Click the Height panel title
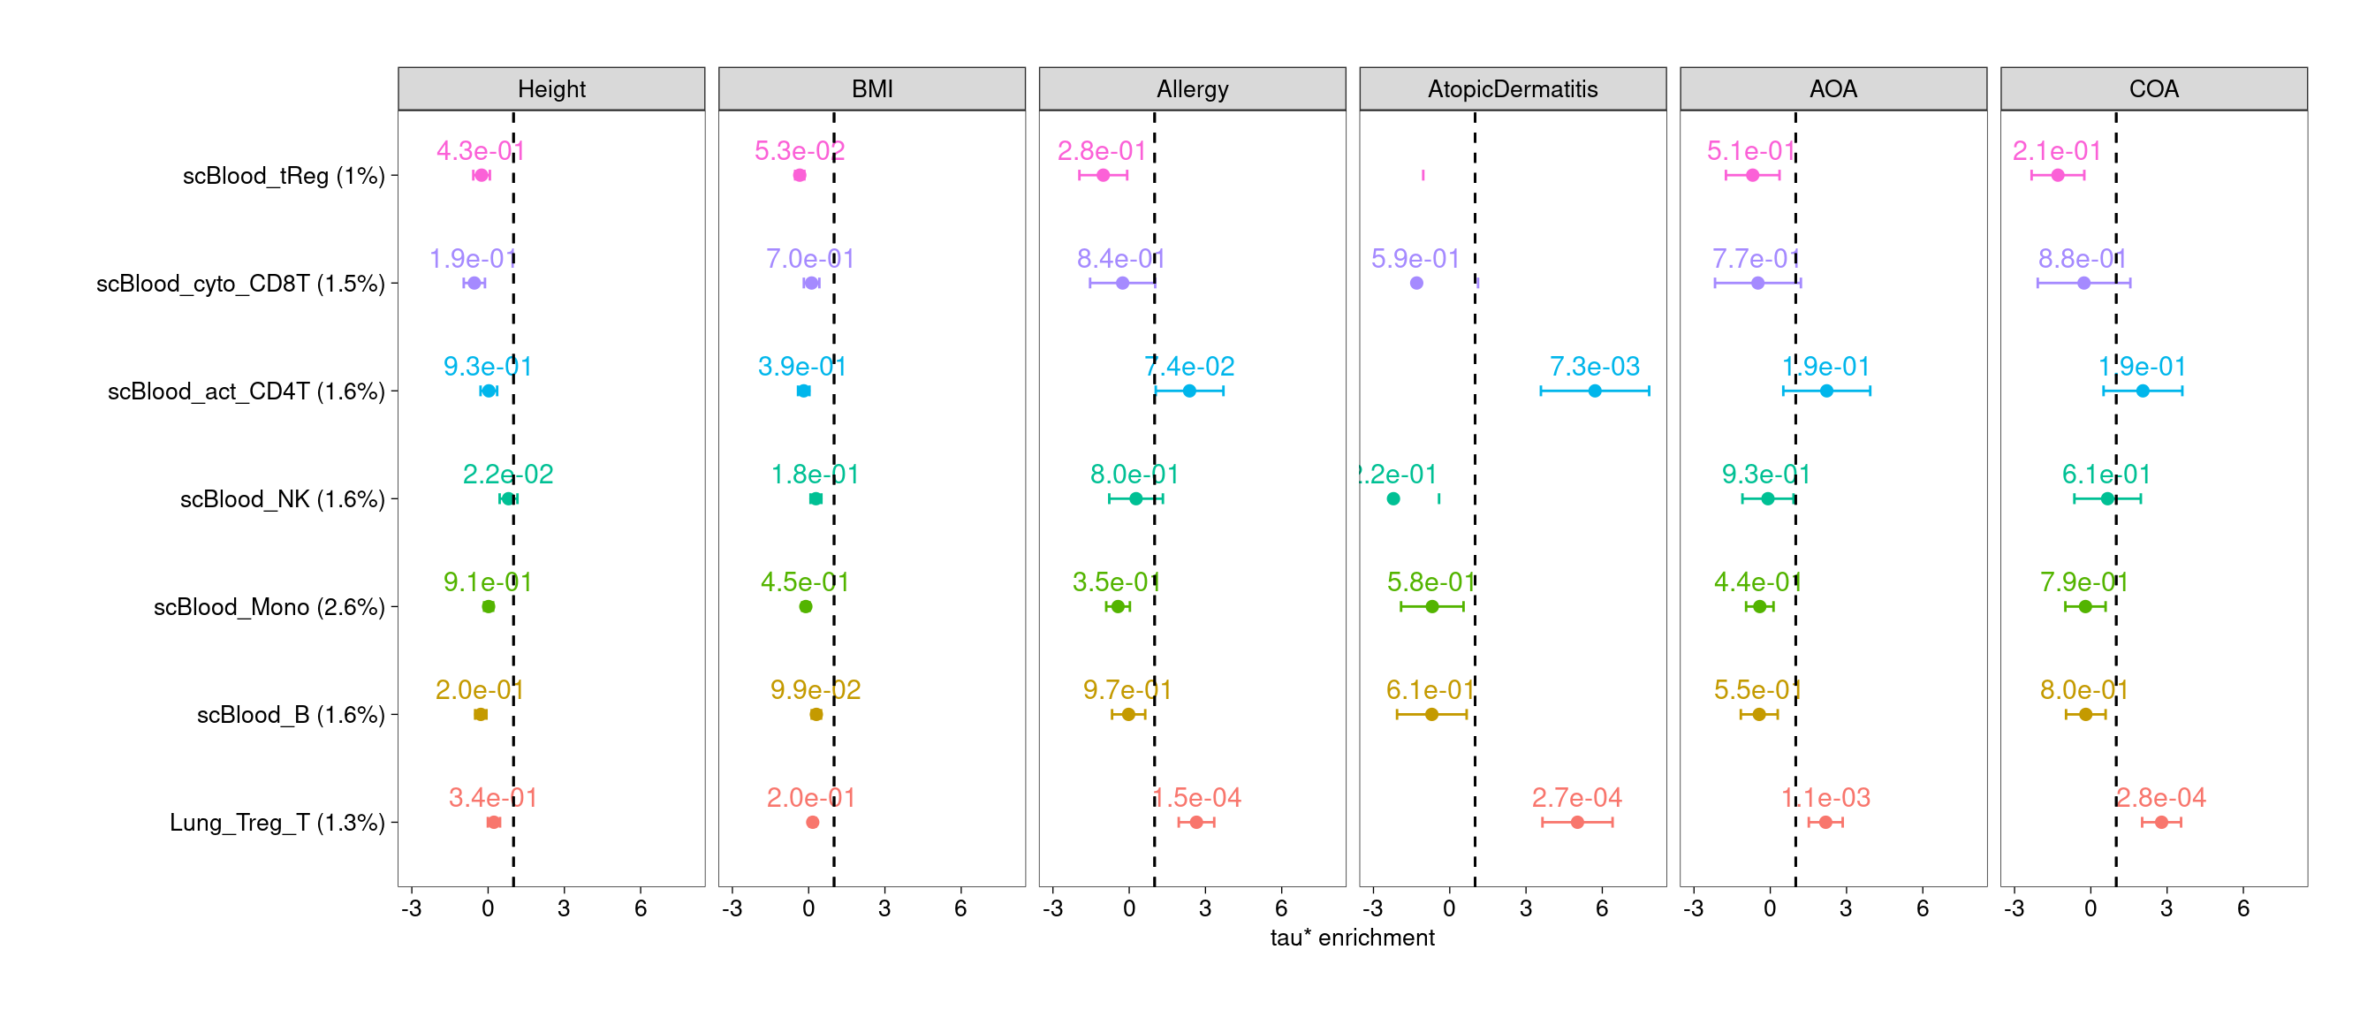point(551,89)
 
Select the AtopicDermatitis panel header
point(1512,89)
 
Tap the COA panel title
point(2154,89)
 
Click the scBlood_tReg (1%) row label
point(283,176)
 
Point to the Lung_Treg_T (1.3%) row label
point(277,823)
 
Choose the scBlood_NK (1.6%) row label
point(282,500)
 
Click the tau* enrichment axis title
point(1352,938)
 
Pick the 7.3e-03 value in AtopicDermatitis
point(1594,367)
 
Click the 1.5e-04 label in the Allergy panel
point(1196,798)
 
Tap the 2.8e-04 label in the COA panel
point(2161,798)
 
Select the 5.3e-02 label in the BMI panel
point(800,151)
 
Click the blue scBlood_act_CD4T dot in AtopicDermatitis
point(1595,391)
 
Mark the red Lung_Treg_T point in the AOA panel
point(1825,823)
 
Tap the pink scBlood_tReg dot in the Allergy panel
point(1104,175)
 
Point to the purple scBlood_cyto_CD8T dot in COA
point(2083,283)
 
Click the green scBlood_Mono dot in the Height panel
point(489,607)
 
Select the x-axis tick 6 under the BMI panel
point(960,909)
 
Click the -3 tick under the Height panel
point(411,909)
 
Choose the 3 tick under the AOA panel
point(1846,909)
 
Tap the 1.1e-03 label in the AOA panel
point(1825,798)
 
